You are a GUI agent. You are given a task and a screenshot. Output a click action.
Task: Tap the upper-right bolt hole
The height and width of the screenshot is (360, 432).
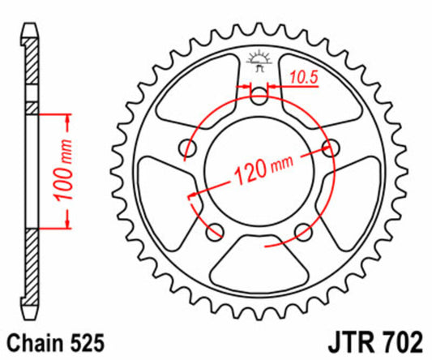point(329,147)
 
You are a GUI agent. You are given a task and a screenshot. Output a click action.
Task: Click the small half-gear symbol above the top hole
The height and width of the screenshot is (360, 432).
point(259,60)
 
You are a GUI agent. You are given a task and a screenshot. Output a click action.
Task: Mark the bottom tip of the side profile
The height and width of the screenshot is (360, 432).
point(31,318)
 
